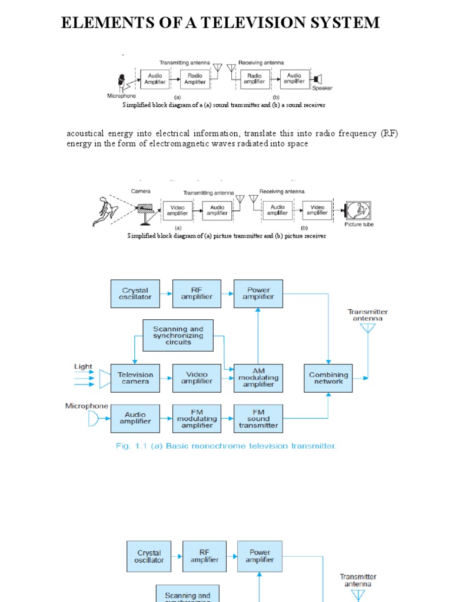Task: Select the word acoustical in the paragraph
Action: [89, 133]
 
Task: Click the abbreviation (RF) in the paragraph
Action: [389, 133]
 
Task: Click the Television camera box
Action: [135, 378]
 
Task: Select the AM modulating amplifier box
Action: [258, 378]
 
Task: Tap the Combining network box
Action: [328, 378]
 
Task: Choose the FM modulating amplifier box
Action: [197, 419]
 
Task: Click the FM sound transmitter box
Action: [258, 419]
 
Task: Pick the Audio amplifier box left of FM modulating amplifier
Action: [135, 419]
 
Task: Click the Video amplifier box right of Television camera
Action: [197, 378]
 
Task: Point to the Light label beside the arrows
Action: [83, 367]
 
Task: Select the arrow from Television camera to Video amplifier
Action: [166, 378]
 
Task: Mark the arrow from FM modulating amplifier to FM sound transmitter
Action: [228, 419]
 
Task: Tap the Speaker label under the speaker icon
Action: [322, 89]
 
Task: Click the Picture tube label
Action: [359, 225]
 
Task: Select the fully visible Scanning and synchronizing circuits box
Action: [178, 336]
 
